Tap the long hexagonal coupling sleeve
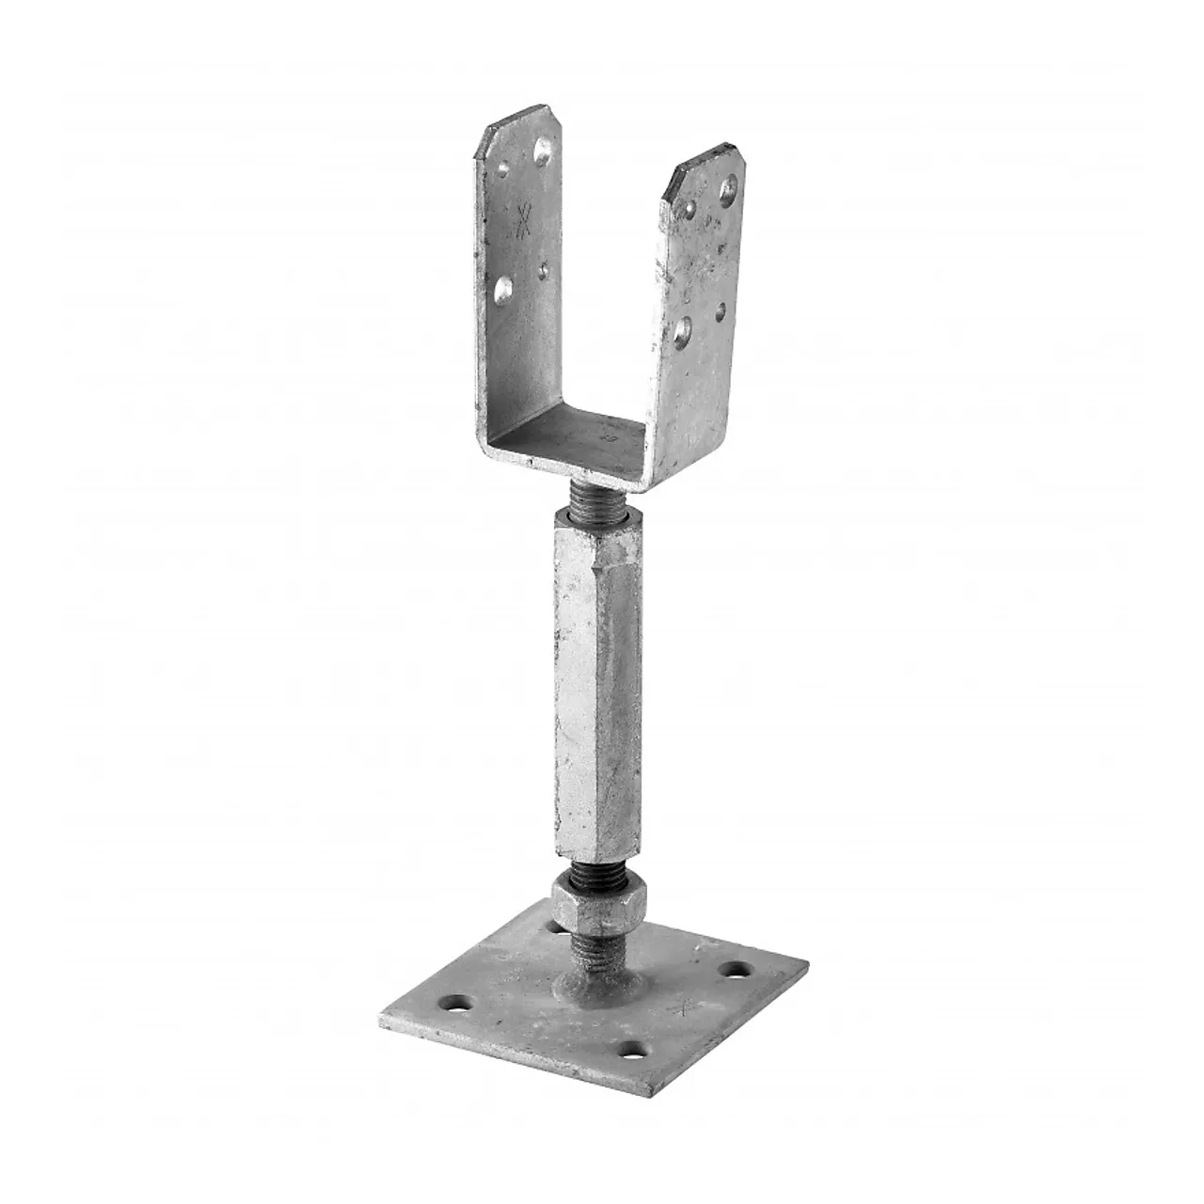point(597,687)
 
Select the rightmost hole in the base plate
point(730,968)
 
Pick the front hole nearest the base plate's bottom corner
point(631,1046)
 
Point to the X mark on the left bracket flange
point(524,221)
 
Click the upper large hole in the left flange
point(542,149)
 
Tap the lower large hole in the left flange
point(504,289)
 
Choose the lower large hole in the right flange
point(685,328)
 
